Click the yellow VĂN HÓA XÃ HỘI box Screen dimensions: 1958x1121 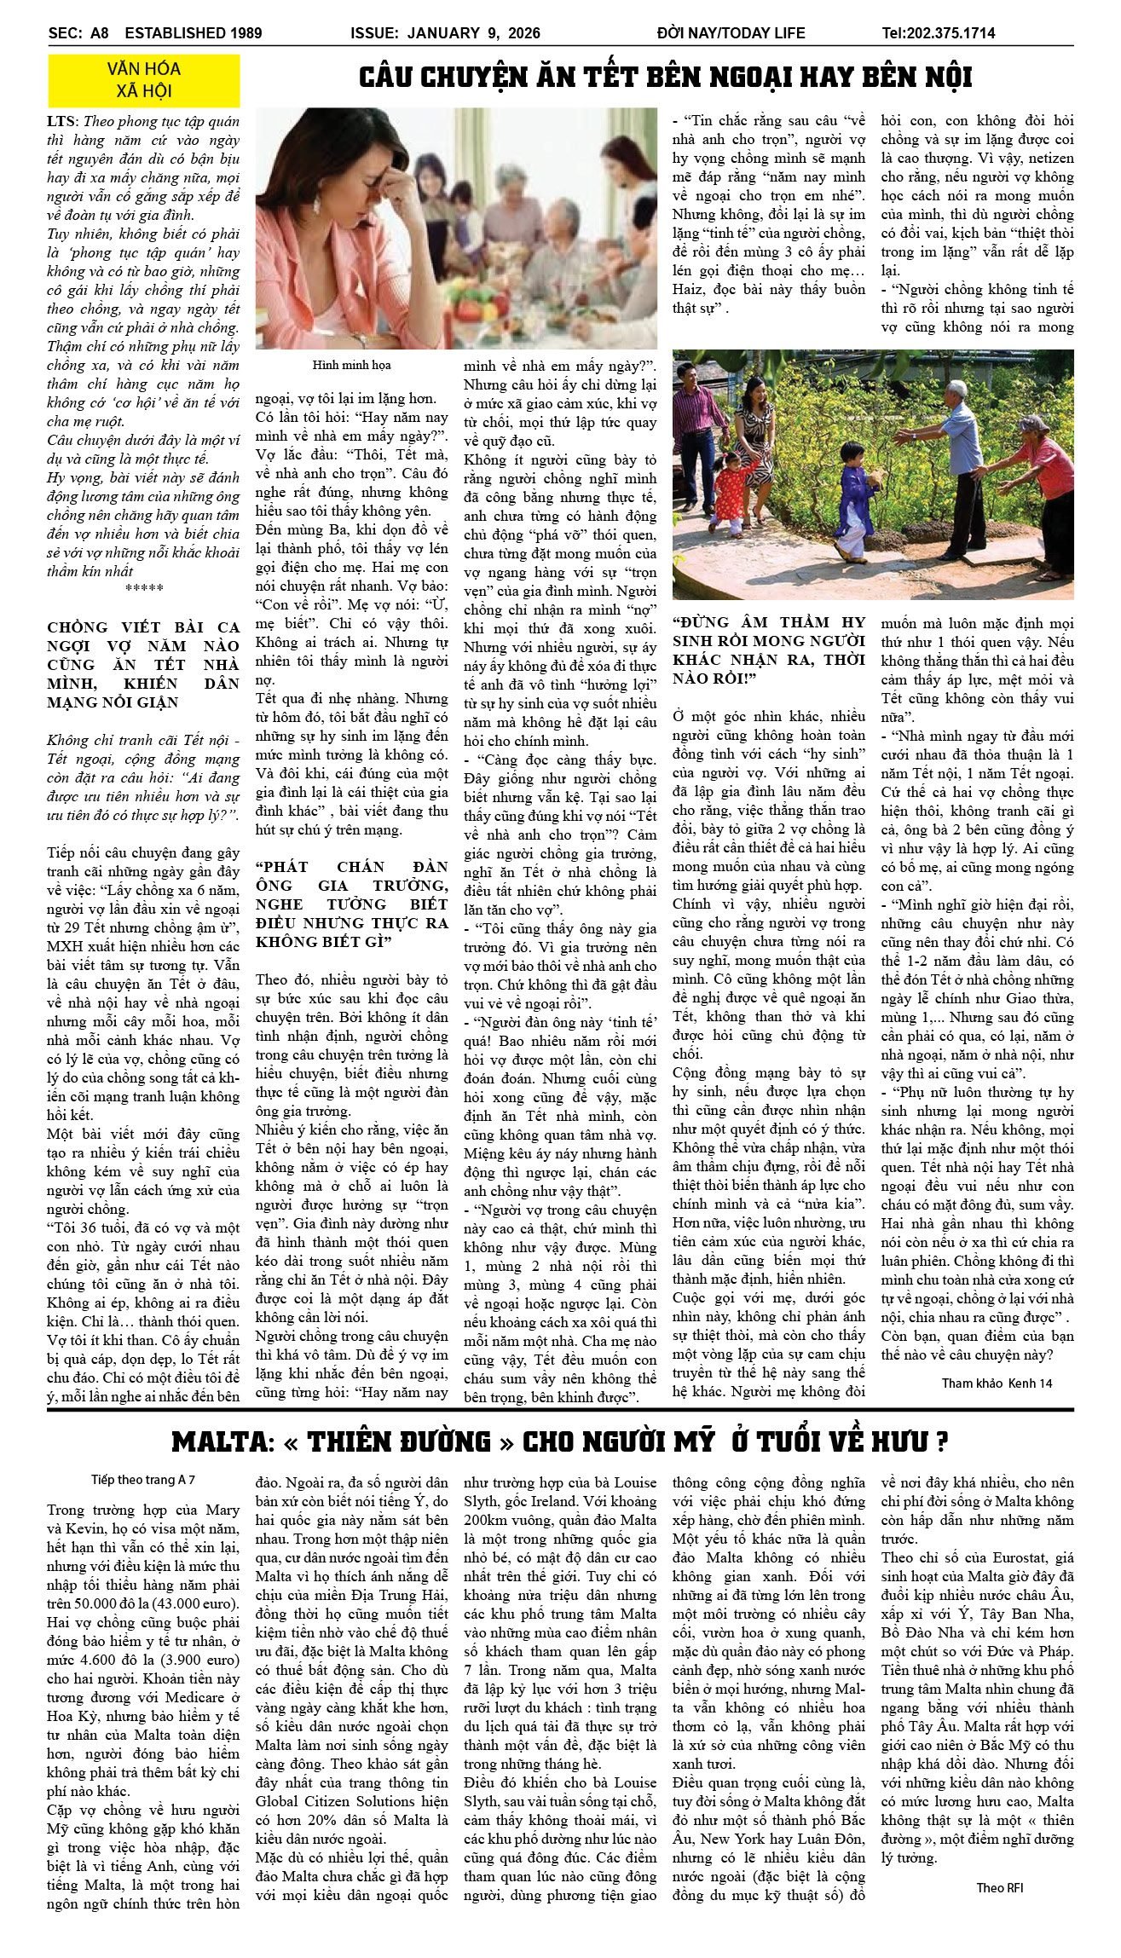(x=143, y=80)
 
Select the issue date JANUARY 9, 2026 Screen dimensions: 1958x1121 (x=473, y=33)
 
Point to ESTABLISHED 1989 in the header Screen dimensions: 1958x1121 (x=194, y=33)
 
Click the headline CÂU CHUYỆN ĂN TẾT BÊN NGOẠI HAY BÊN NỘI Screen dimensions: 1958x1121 (x=665, y=78)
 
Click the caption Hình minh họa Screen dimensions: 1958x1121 (x=351, y=365)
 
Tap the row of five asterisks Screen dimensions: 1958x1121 (x=143, y=589)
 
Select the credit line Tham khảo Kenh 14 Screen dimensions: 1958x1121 (x=996, y=1383)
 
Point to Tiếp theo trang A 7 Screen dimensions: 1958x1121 (x=143, y=1480)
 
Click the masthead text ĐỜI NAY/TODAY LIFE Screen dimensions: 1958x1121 (x=731, y=33)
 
